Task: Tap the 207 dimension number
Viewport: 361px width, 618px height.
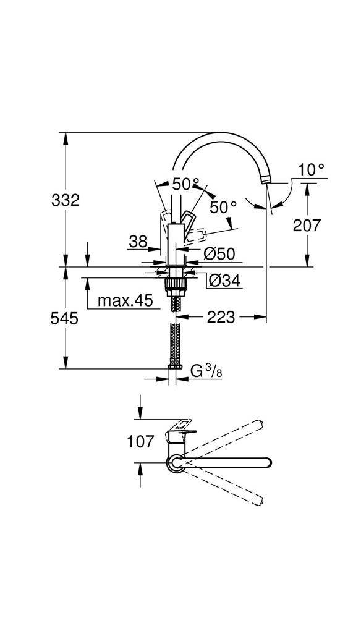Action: click(307, 226)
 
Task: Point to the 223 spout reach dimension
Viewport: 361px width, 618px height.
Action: click(221, 318)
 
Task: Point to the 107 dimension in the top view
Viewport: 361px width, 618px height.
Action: click(140, 441)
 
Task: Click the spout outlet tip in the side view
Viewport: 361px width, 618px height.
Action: click(267, 179)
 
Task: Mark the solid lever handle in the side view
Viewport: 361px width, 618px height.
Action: click(188, 221)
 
